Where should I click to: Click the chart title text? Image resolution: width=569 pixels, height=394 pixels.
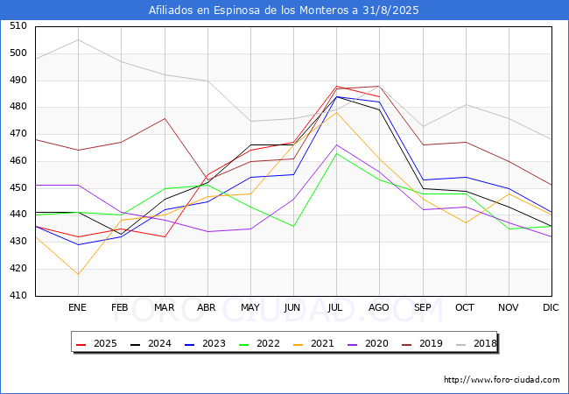[284, 11]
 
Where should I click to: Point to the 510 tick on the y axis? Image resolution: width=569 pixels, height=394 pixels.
[17, 26]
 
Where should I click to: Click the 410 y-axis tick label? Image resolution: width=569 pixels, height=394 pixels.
[17, 296]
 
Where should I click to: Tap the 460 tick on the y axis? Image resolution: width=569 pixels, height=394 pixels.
[17, 161]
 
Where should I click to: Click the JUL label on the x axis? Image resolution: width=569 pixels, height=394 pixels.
[336, 308]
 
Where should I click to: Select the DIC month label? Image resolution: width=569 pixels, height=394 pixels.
[551, 308]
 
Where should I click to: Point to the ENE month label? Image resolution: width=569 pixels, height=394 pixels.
[78, 308]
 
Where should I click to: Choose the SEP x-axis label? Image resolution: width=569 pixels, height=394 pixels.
[422, 308]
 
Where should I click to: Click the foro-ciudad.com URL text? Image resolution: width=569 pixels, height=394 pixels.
[502, 380]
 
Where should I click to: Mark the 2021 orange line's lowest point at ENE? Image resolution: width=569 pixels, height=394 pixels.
[78, 275]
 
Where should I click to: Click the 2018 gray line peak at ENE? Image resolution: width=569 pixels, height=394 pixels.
[78, 39]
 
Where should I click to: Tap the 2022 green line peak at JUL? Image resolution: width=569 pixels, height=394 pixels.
[336, 153]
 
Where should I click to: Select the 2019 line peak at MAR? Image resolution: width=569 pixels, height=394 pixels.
[164, 118]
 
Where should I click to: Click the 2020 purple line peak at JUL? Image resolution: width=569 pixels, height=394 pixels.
[336, 144]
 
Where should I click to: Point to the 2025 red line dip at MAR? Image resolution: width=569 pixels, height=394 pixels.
[164, 236]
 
